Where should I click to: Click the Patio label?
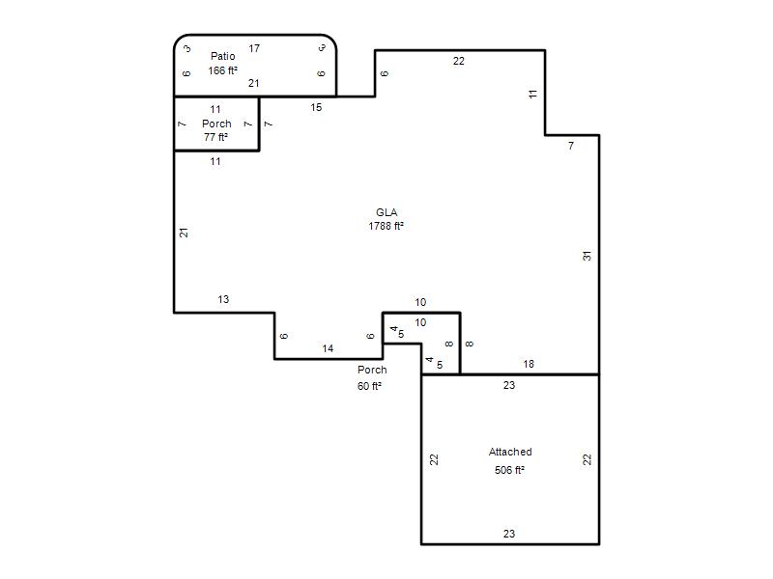(223, 56)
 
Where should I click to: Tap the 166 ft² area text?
(223, 70)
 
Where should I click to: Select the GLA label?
(386, 212)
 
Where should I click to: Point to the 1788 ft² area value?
(386, 226)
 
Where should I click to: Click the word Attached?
(510, 452)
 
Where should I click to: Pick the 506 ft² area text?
(510, 470)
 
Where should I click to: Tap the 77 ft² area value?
(215, 137)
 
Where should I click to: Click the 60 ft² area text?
(370, 386)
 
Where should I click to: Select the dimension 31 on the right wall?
(587, 256)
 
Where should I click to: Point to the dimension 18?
(529, 364)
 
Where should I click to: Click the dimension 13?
(223, 299)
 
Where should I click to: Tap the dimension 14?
(328, 348)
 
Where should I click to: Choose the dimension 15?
(316, 107)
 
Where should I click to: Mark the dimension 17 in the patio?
(254, 48)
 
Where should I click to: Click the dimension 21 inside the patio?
(254, 83)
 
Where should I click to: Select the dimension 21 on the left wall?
(184, 233)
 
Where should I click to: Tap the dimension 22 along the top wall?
(458, 61)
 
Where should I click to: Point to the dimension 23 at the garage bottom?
(509, 534)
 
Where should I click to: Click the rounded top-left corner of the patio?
(179, 40)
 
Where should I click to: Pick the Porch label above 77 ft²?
(216, 124)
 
